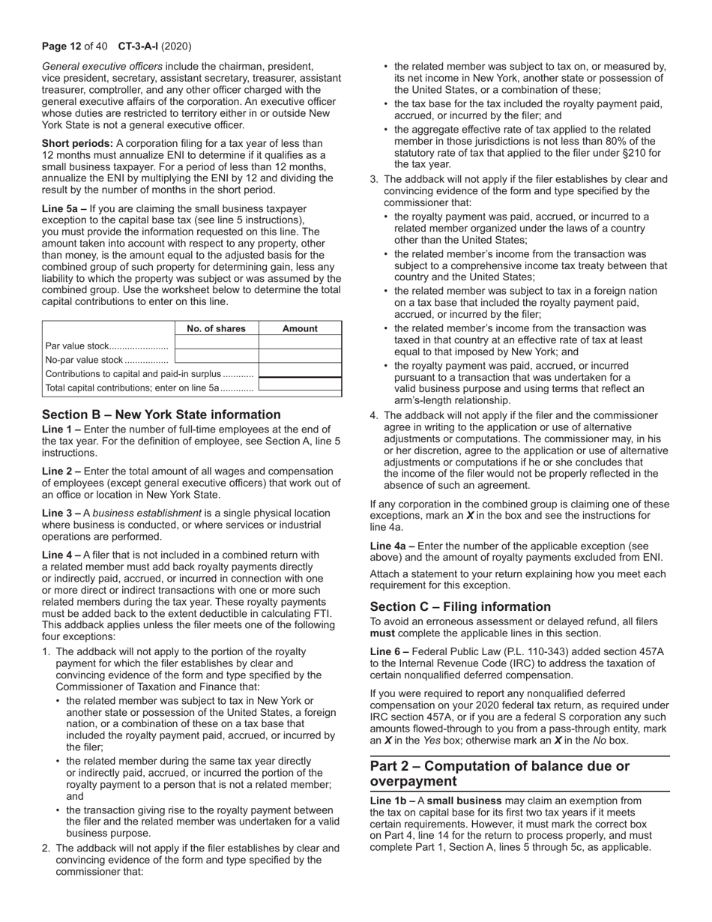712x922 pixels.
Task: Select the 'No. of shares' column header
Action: tap(216, 328)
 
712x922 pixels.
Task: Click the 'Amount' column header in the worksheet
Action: tap(300, 328)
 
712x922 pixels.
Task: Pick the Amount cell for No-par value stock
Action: tap(300, 359)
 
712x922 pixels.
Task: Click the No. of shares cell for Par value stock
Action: tap(216, 344)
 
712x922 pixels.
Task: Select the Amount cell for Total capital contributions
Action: tap(300, 387)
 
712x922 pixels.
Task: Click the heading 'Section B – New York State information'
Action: tap(161, 415)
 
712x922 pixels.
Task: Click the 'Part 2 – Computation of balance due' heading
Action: tap(500, 774)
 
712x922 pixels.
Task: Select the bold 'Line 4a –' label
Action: tap(392, 546)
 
